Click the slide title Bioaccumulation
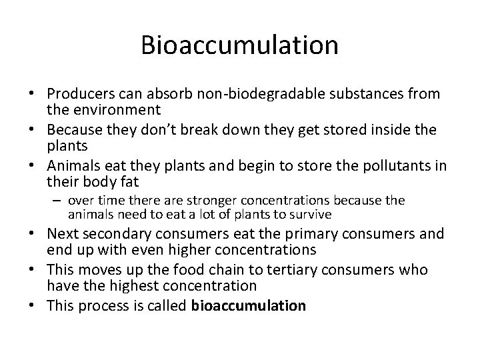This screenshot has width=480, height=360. tap(239, 45)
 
